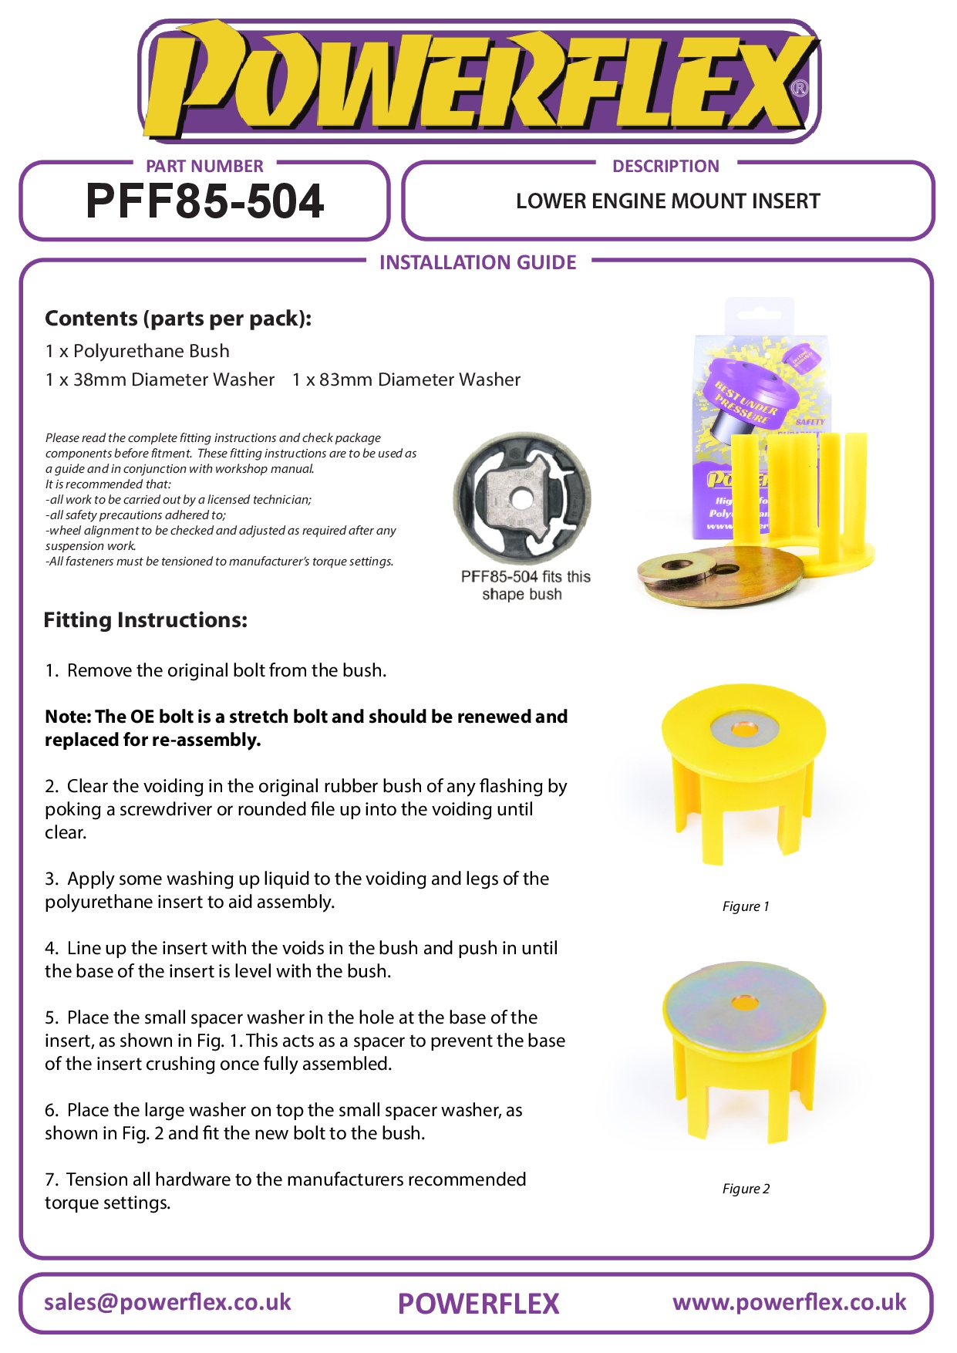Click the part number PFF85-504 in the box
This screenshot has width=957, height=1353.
(x=204, y=201)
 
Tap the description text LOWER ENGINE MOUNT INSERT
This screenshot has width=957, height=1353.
(x=668, y=201)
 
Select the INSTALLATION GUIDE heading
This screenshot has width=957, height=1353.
(x=477, y=263)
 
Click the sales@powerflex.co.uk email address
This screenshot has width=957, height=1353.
(x=167, y=1302)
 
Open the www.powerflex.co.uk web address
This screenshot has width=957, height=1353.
(x=789, y=1302)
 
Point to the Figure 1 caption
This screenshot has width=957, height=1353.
(x=745, y=906)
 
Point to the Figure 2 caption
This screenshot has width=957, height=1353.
(x=745, y=1189)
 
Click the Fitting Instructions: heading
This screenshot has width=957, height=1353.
(x=146, y=620)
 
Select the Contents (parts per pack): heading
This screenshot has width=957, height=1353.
(x=178, y=319)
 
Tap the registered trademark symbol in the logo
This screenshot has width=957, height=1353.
(x=800, y=89)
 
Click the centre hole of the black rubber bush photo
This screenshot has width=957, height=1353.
(x=521, y=500)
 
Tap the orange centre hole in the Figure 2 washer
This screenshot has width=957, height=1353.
(x=743, y=1003)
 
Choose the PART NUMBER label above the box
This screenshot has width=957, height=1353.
(x=204, y=166)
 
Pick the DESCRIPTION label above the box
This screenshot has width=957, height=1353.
(x=666, y=166)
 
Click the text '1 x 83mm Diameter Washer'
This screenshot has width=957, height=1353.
(x=406, y=380)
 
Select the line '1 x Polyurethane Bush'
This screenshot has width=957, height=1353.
(x=137, y=351)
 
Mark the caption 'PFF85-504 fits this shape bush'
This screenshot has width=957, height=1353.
(x=524, y=585)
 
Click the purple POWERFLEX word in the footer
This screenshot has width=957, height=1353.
(x=478, y=1304)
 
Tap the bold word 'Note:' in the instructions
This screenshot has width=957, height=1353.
(x=68, y=717)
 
